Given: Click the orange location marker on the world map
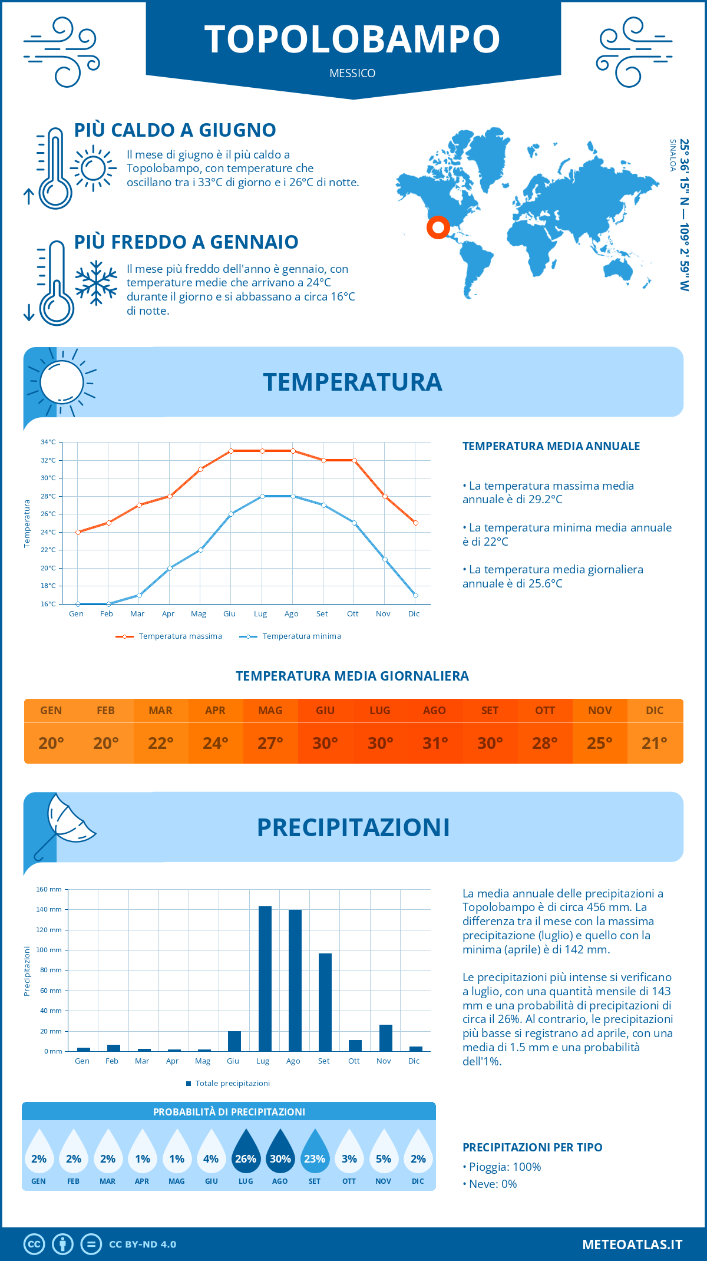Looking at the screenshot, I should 438,227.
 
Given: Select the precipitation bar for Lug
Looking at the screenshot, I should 265,979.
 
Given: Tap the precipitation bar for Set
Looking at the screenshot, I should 325,1002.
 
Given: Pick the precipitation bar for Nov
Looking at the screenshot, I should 386,1038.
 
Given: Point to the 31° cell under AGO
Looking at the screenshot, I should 435,743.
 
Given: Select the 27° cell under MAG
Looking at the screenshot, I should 270,743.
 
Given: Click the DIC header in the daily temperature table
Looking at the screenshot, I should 655,711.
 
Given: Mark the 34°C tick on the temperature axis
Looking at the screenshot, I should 48,442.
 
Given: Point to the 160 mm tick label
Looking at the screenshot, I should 49,889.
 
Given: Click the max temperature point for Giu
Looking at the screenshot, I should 231,451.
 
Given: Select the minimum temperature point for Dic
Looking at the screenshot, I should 415,595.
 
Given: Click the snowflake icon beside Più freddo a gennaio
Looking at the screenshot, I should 96,283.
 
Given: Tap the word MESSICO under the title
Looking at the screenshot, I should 352,73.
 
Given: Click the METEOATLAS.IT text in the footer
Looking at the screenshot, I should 632,1245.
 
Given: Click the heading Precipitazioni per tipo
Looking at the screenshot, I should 532,1147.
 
